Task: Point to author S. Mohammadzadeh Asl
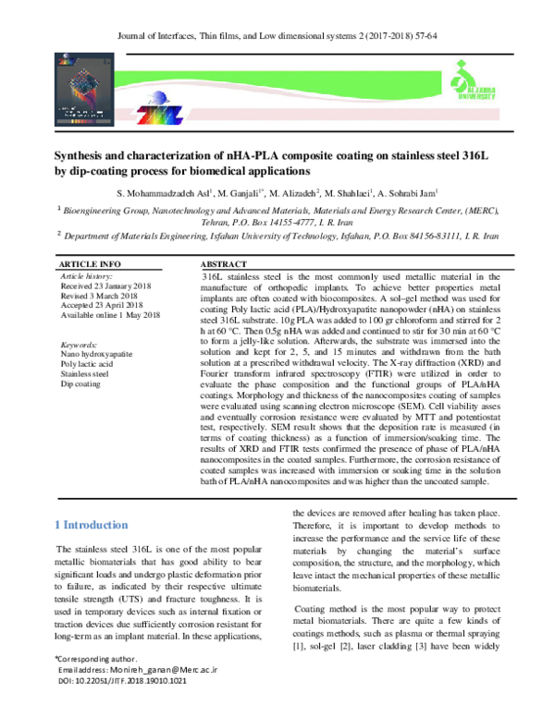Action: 166,193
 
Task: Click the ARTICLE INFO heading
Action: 91,264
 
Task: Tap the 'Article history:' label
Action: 86,275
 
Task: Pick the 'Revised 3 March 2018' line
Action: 101,297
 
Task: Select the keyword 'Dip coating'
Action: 80,384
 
